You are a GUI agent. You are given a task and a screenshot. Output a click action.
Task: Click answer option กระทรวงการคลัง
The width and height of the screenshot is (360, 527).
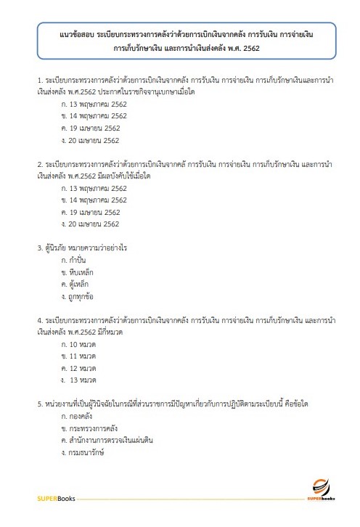click(91, 428)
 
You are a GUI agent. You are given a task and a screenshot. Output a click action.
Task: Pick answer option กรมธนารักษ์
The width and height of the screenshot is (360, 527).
click(86, 453)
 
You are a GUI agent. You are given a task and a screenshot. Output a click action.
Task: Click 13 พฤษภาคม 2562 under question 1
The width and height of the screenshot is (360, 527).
click(94, 103)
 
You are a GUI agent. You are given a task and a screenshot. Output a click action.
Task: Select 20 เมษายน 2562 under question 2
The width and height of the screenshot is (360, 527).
click(91, 224)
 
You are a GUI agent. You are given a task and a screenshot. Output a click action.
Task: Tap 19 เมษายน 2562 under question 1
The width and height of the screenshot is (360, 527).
click(91, 128)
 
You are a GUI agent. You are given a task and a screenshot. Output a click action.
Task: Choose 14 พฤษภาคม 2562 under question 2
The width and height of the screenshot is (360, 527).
click(94, 200)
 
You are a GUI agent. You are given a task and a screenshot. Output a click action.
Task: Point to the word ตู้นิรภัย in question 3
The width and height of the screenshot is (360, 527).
click(60, 247)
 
